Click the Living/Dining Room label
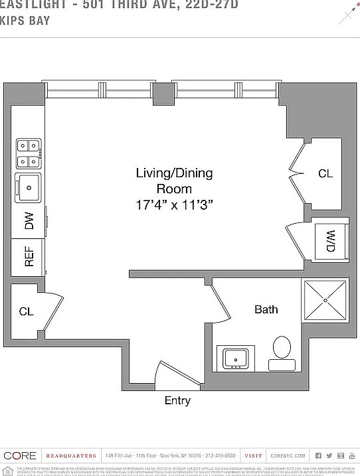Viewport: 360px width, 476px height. click(x=174, y=181)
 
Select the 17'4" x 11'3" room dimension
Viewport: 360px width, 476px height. click(x=174, y=205)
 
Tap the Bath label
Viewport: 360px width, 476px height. click(x=266, y=309)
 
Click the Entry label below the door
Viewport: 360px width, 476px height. click(x=177, y=400)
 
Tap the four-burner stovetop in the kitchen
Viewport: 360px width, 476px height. click(x=29, y=153)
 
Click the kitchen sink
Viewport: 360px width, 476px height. click(x=29, y=187)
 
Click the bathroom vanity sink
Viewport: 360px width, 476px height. click(x=235, y=358)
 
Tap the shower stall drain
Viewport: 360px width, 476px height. click(x=325, y=300)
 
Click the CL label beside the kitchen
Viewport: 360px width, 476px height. click(x=26, y=311)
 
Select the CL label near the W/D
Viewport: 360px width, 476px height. click(x=325, y=174)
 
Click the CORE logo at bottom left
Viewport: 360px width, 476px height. click(x=19, y=455)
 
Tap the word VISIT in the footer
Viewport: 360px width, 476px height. click(x=253, y=456)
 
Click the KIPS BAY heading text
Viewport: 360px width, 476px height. click(x=25, y=21)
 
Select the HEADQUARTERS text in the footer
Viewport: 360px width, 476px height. click(x=71, y=456)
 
